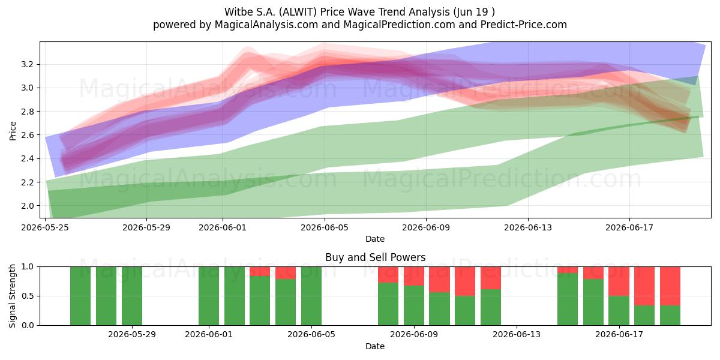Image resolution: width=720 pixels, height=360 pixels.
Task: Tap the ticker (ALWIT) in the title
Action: (298, 12)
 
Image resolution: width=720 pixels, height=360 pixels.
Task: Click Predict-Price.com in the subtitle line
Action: (524, 25)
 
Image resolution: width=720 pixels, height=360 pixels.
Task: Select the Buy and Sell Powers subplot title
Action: (375, 257)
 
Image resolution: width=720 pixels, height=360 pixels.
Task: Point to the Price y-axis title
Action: (13, 131)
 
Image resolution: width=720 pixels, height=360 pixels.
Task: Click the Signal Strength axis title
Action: (12, 296)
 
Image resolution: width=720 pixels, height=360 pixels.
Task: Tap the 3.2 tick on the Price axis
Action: (27, 64)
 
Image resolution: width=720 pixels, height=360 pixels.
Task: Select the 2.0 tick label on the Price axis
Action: (27, 206)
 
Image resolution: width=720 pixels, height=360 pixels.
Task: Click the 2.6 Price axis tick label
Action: (27, 135)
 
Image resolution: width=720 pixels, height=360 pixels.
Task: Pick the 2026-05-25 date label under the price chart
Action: (45, 228)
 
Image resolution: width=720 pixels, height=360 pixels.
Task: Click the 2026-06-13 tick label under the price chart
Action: (528, 228)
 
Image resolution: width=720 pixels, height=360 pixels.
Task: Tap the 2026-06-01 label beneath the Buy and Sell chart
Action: (209, 335)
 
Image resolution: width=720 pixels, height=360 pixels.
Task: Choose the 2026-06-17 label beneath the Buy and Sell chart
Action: (619, 335)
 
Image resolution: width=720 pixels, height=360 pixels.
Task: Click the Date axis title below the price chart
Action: (375, 239)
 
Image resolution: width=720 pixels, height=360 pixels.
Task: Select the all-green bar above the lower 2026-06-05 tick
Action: (311, 296)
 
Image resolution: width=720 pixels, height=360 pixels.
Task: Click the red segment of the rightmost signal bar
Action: (670, 286)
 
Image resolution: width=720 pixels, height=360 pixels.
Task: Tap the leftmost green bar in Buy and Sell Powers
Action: (80, 296)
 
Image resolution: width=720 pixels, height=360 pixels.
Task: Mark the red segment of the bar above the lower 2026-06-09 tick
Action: (414, 276)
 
